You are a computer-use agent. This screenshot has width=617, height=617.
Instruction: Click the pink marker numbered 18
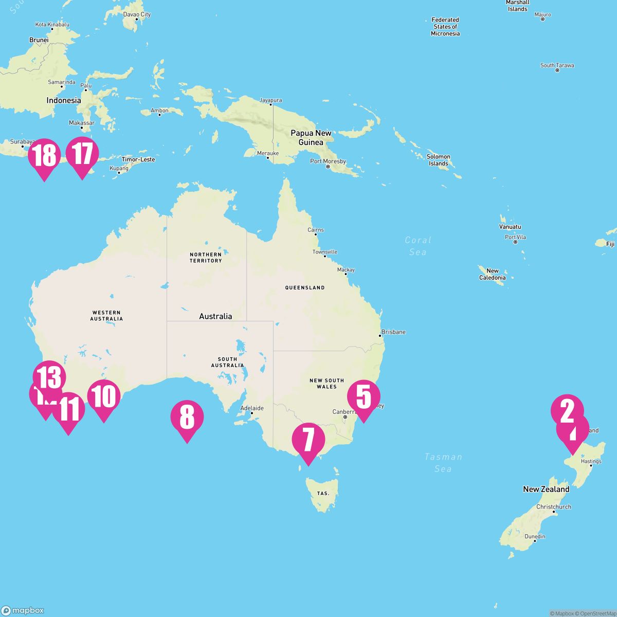tap(44, 155)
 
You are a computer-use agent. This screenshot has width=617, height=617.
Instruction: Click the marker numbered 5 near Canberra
tap(364, 396)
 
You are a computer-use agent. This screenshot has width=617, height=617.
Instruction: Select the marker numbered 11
tap(68, 409)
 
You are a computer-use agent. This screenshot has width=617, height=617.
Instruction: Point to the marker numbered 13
tap(49, 377)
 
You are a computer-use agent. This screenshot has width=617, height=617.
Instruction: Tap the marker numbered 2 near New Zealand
tap(567, 411)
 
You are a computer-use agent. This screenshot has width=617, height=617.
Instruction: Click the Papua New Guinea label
tap(311, 137)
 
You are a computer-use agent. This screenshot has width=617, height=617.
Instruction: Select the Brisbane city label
tap(393, 332)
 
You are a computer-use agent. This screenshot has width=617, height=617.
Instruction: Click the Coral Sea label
tap(418, 246)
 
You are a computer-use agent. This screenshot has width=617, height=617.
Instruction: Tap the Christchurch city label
tap(553, 507)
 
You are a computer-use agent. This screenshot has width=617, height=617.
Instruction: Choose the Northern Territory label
tap(206, 257)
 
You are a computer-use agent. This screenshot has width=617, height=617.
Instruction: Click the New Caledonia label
tap(493, 274)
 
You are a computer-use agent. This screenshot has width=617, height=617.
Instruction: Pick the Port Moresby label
tap(328, 161)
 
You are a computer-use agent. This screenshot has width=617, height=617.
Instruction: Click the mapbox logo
tap(23, 610)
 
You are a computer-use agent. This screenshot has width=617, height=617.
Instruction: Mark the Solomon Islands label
tap(439, 160)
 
